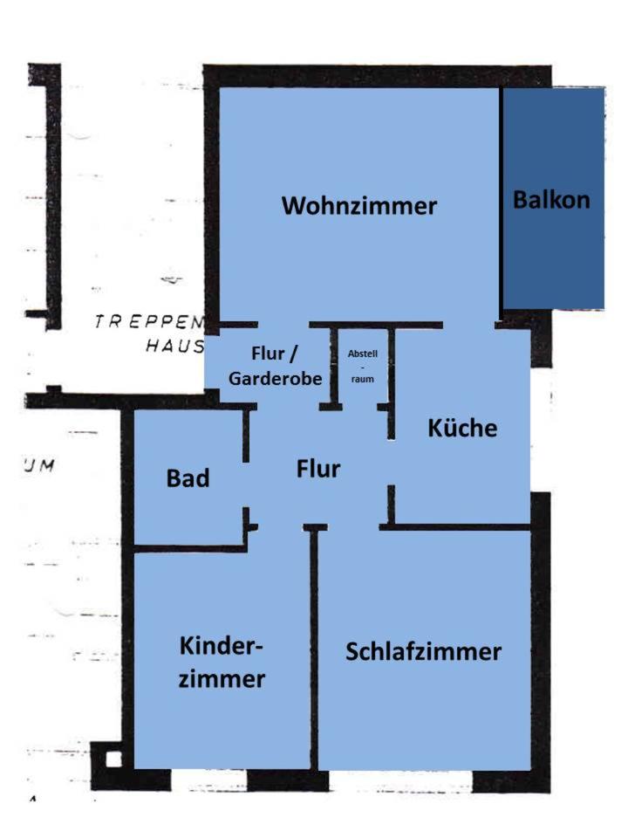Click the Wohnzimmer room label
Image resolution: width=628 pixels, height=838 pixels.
[x=358, y=207]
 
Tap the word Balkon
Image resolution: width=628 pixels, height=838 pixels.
[x=551, y=200]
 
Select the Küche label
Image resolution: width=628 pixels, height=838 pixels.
[x=462, y=429]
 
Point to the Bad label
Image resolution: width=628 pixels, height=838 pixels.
[x=188, y=478]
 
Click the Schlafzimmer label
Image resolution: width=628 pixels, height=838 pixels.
[x=423, y=652]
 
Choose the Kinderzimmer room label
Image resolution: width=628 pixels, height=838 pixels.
[x=222, y=663]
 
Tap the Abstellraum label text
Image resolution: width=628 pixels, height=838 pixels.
[x=362, y=367]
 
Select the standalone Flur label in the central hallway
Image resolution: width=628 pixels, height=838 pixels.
[x=317, y=470]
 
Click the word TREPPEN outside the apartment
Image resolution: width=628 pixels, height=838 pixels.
[x=148, y=322]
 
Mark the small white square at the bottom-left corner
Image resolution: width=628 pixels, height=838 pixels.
[x=113, y=759]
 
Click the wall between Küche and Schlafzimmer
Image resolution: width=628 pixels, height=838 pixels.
[x=458, y=526]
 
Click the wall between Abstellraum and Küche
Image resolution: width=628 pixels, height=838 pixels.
[x=392, y=375]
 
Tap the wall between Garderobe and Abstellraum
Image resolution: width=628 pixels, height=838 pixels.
[x=334, y=367]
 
